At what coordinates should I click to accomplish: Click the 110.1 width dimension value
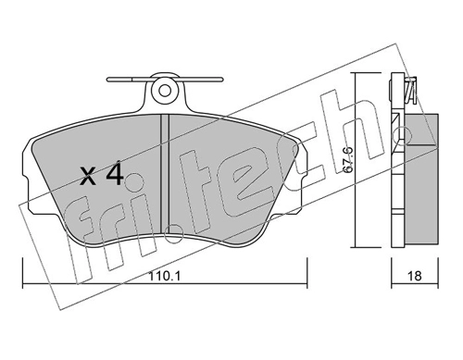point(165,276)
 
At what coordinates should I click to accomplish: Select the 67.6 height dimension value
point(348,159)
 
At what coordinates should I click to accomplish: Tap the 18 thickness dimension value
point(414,276)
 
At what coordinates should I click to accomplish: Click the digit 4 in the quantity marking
point(115,175)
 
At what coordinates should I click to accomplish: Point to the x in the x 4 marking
point(87,178)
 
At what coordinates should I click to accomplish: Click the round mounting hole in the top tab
point(165,91)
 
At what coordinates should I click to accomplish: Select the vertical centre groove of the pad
point(166,174)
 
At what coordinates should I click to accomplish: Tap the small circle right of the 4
point(134,181)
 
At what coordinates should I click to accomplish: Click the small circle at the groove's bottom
point(174,233)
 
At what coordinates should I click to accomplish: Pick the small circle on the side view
point(404,134)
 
